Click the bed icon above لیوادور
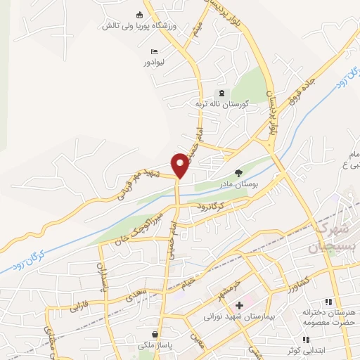click(x=154, y=52)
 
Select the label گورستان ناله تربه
click(x=221, y=104)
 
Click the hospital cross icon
click(x=239, y=306)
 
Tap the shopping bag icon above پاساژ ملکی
click(x=154, y=335)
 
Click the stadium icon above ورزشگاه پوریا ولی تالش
click(x=139, y=15)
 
